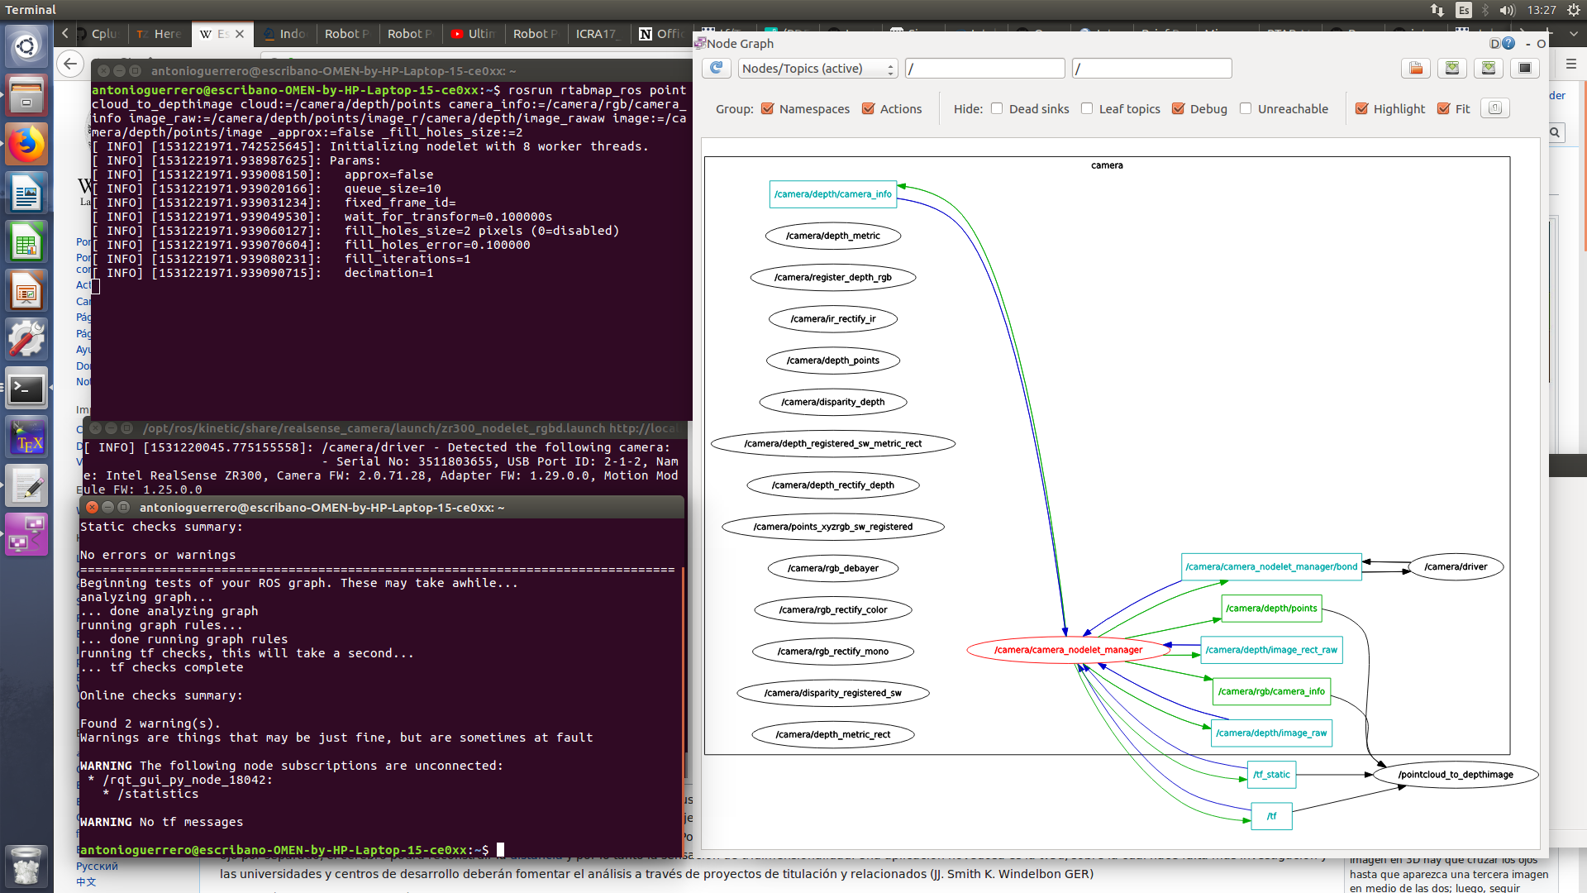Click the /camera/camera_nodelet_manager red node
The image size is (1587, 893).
tap(1068, 650)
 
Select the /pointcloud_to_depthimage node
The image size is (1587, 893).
tap(1455, 775)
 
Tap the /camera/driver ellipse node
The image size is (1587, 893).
tap(1455, 567)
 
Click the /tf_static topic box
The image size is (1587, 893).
tap(1271, 775)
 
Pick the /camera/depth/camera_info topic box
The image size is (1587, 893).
tap(832, 194)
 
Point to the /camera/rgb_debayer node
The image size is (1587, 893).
tap(832, 568)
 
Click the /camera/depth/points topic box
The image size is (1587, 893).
tap(1271, 609)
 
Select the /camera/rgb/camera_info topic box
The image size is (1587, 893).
tap(1271, 691)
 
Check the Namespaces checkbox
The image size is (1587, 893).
tap(768, 109)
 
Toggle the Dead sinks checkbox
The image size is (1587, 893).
tap(997, 109)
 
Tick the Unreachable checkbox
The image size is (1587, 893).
tap(1246, 109)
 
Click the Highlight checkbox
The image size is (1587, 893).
tap(1361, 109)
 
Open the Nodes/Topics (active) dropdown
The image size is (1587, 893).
tap(817, 69)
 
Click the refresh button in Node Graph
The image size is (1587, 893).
tap(716, 69)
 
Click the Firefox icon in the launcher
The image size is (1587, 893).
tap(26, 145)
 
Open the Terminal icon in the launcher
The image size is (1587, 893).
tap(26, 389)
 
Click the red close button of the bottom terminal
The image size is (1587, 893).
tap(93, 508)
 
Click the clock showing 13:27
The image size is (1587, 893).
tap(1542, 10)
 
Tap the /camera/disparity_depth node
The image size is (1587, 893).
tap(832, 402)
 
